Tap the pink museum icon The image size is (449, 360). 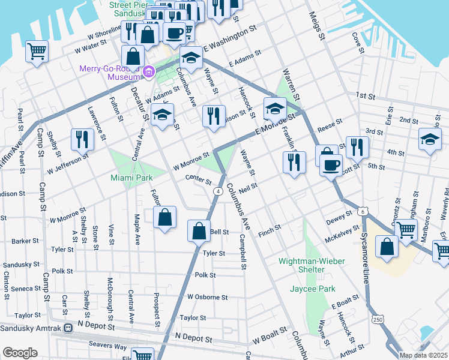(149, 73)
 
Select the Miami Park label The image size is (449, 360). (131, 178)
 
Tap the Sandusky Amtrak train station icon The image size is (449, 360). (68, 328)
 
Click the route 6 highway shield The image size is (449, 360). (362, 211)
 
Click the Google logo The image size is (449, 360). (20, 353)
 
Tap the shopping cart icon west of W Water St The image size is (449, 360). (37, 50)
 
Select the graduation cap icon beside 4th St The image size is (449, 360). (430, 139)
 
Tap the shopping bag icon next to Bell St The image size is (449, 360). (199, 229)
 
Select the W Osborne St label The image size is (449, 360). (207, 297)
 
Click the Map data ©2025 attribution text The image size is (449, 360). (423, 355)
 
